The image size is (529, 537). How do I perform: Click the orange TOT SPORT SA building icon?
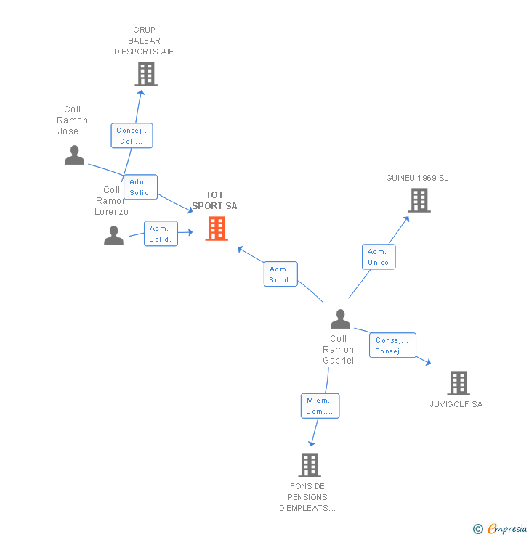coord(216,229)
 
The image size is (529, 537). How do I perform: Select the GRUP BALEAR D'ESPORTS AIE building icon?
coord(145,74)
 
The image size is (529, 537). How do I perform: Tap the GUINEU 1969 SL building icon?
coord(419,200)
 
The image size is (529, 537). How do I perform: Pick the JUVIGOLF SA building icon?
coord(458,382)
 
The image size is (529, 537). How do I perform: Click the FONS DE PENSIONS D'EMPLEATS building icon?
coord(310,464)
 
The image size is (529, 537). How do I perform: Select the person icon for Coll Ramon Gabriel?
coord(340,319)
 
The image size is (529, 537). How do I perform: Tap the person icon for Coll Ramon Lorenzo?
coord(113,235)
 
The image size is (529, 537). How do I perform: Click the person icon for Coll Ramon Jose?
coord(74,155)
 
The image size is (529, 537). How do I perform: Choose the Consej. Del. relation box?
coord(132,136)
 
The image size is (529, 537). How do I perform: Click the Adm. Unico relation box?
coord(379,257)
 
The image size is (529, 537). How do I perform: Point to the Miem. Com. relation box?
coord(320,406)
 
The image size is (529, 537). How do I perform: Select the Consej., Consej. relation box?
coord(392,345)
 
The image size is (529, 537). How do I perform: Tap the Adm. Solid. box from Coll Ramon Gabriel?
coord(280,274)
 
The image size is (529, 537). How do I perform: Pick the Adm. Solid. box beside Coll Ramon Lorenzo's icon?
coord(161,234)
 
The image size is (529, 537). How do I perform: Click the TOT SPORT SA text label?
coord(214,200)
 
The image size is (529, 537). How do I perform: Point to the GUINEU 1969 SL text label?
coord(417,178)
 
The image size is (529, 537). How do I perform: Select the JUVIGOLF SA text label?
coord(456,404)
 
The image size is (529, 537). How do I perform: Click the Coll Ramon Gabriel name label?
coord(339,350)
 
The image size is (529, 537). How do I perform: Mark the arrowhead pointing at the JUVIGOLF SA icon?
coord(429,362)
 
